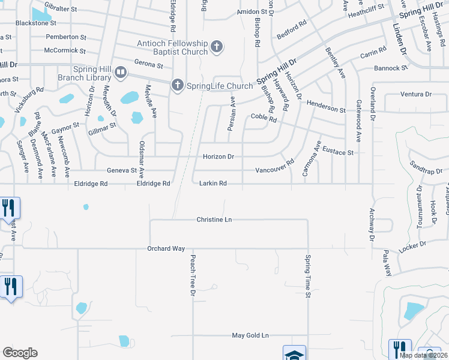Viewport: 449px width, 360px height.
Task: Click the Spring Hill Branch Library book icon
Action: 121,73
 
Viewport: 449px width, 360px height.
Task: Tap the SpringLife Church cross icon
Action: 177,86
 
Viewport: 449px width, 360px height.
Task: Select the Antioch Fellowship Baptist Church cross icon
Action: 217,47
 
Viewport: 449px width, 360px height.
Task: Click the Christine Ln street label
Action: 214,220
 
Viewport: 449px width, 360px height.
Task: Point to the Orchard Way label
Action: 166,248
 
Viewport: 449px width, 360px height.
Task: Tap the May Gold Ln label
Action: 251,335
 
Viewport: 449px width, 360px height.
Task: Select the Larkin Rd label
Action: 213,184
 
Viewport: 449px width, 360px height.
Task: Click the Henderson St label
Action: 326,106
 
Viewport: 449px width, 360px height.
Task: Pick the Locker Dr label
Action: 411,246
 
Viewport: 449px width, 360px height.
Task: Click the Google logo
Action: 20,353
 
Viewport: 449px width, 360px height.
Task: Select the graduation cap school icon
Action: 294,354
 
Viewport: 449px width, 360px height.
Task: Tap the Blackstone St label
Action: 36,23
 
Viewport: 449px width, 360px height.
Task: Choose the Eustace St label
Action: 337,151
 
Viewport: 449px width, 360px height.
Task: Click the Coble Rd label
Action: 264,118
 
